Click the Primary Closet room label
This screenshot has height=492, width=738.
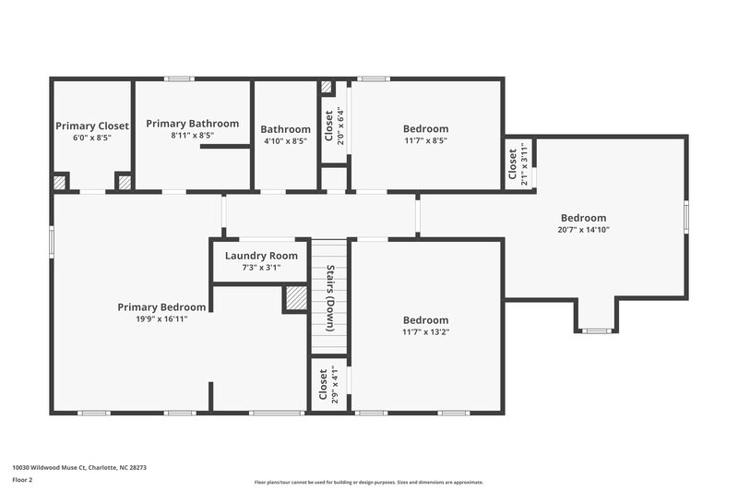coord(92,126)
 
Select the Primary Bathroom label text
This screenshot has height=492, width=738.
coord(192,124)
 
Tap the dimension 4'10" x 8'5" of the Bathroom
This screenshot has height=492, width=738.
coord(285,141)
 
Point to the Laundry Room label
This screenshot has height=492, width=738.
coord(261,256)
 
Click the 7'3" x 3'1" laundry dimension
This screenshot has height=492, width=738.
coord(261,268)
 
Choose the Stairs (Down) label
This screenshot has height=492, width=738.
coord(329,298)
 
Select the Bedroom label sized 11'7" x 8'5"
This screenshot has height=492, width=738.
coord(425,128)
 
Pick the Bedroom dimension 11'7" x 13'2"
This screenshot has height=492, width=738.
coord(425,332)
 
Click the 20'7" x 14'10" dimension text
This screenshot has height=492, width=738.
coord(583,230)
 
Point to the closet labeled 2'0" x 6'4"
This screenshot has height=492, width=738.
coord(329,126)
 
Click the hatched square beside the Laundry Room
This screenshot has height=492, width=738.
coord(295,298)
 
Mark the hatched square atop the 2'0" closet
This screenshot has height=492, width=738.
coord(327,88)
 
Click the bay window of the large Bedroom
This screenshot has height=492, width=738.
coord(597,330)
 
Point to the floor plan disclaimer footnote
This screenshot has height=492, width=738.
coord(368,482)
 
